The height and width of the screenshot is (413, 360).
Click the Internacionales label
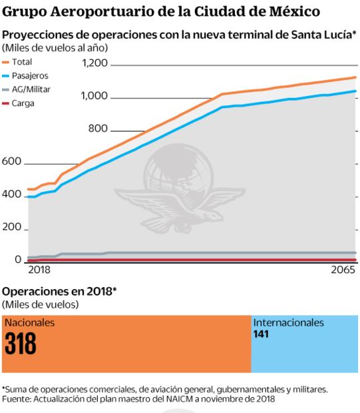tap(288, 322)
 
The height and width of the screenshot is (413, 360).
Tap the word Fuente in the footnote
tap(17, 399)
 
